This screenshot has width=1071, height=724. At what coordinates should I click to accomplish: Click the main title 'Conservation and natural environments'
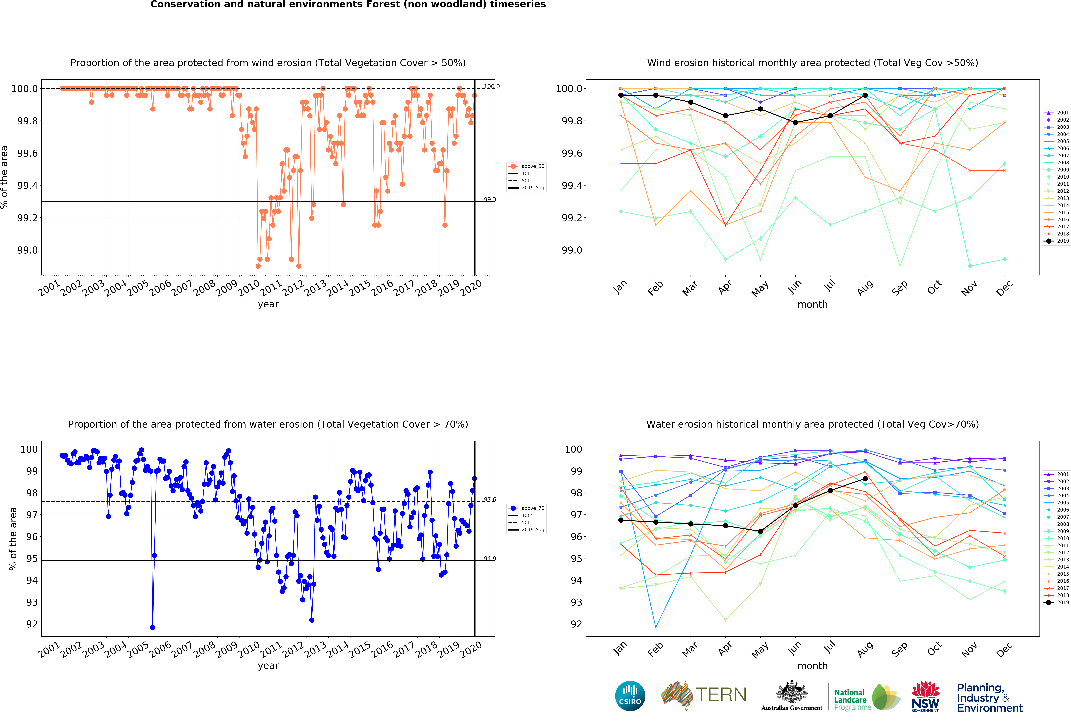(348, 5)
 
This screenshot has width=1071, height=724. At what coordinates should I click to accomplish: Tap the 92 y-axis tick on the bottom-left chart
(32, 624)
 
